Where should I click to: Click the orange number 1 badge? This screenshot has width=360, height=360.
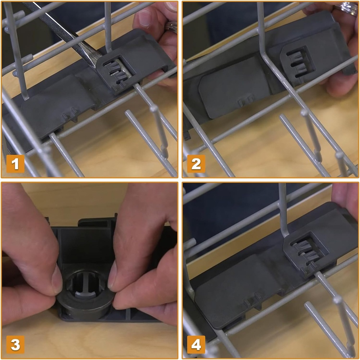(x=15, y=164)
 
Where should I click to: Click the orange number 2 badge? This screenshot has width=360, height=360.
(x=196, y=164)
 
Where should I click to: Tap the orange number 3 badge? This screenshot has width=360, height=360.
(x=15, y=345)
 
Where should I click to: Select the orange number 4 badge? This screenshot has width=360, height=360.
(x=196, y=345)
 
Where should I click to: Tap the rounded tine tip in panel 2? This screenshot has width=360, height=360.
(x=305, y=112)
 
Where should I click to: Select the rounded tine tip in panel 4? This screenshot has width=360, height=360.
(x=338, y=300)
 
